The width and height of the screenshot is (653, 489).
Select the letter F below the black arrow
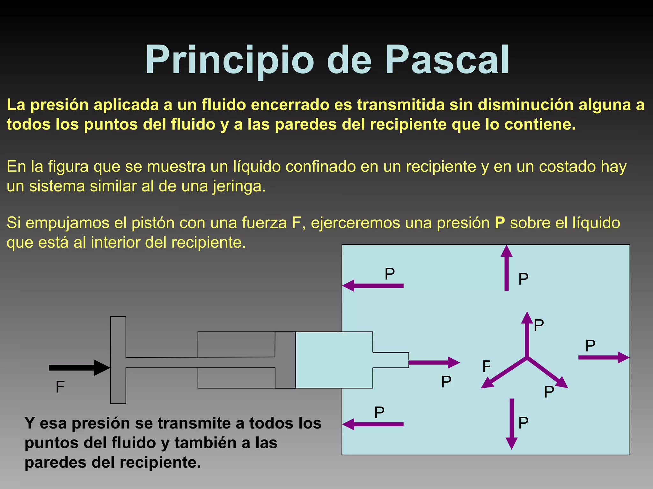pyautogui.click(x=60, y=387)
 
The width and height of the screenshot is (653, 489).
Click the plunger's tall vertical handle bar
pyautogui.click(x=118, y=360)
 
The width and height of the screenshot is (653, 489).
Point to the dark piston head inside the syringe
pyautogui.click(x=285, y=360)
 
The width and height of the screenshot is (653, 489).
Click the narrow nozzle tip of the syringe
pyautogui.click(x=391, y=360)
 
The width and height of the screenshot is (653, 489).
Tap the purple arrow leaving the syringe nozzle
pyautogui.click(x=434, y=362)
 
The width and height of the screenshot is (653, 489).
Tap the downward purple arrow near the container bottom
pyautogui.click(x=511, y=423)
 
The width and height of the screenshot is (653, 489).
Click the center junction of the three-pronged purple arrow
pyautogui.click(x=527, y=358)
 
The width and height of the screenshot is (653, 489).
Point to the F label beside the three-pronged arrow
pyautogui.click(x=486, y=366)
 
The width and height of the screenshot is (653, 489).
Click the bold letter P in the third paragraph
pyautogui.click(x=500, y=223)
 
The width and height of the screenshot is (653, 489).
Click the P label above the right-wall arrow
pyautogui.click(x=590, y=345)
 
